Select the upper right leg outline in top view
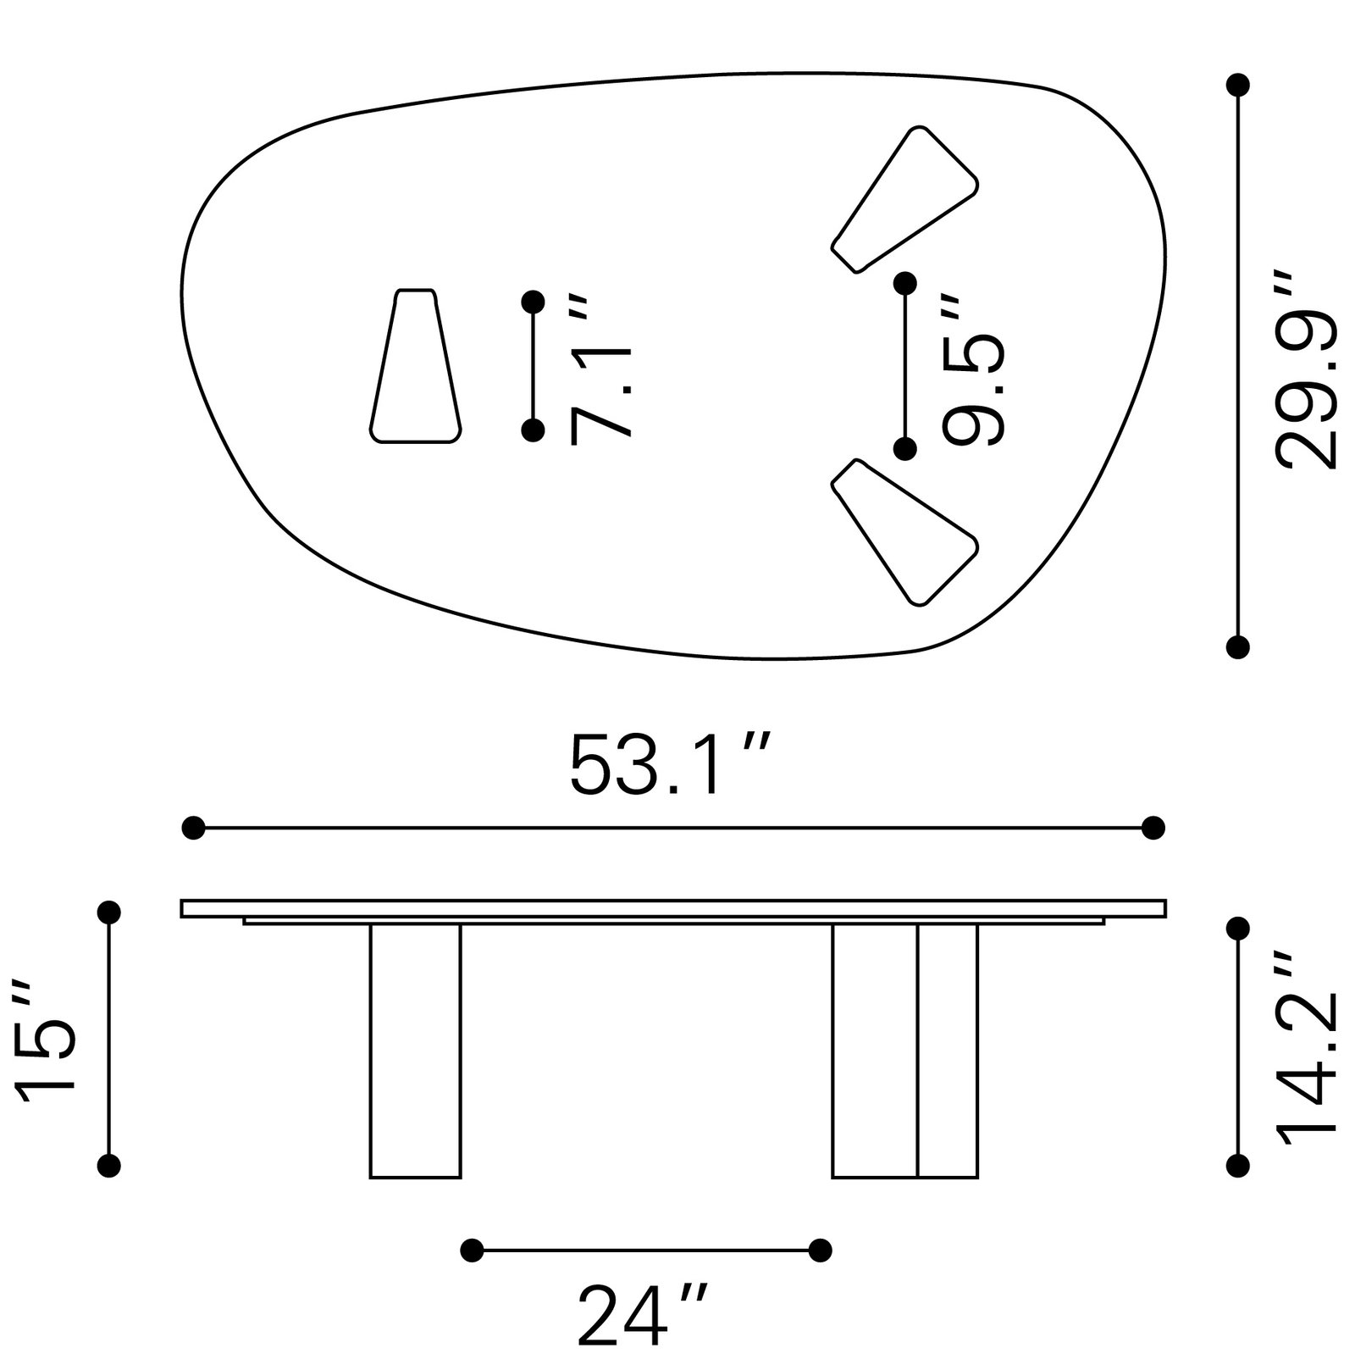coord(905,199)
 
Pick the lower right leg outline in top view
coord(905,532)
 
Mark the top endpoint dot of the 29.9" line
coord(1238,85)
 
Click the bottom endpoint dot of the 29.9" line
coord(1238,647)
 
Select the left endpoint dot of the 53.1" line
coord(194,827)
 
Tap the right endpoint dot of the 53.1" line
coord(1153,827)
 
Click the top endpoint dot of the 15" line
coord(109,912)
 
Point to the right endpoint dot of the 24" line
coord(820,1250)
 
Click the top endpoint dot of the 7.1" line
coord(533,302)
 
